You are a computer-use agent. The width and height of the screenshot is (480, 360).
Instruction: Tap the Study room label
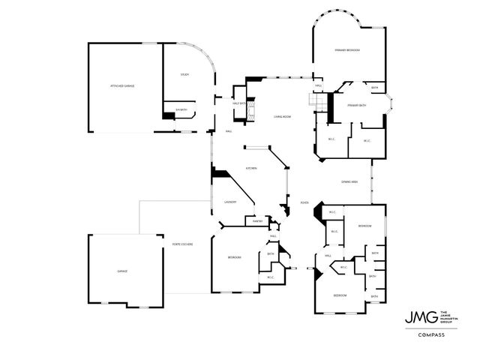click(184, 74)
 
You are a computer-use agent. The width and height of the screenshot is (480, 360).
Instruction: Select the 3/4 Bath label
click(179, 110)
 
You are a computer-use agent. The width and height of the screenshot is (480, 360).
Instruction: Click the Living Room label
click(282, 116)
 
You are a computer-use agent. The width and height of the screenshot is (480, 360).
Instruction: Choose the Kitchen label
click(251, 168)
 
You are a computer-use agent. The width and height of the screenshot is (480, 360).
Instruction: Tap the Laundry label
click(230, 202)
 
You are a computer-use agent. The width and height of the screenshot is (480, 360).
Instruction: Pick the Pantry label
click(256, 220)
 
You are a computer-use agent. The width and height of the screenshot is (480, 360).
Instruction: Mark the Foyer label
click(304, 202)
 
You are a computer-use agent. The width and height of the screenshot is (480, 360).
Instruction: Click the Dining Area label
click(349, 182)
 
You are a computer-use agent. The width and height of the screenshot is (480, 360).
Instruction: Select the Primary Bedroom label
click(347, 50)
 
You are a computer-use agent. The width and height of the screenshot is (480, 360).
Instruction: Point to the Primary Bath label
click(356, 106)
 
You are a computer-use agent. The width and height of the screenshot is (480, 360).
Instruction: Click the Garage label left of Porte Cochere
click(121, 271)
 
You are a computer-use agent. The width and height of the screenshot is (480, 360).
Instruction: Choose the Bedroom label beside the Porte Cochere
click(234, 257)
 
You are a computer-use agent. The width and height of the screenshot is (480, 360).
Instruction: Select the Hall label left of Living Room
click(228, 132)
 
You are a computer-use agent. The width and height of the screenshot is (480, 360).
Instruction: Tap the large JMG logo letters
click(415, 316)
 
